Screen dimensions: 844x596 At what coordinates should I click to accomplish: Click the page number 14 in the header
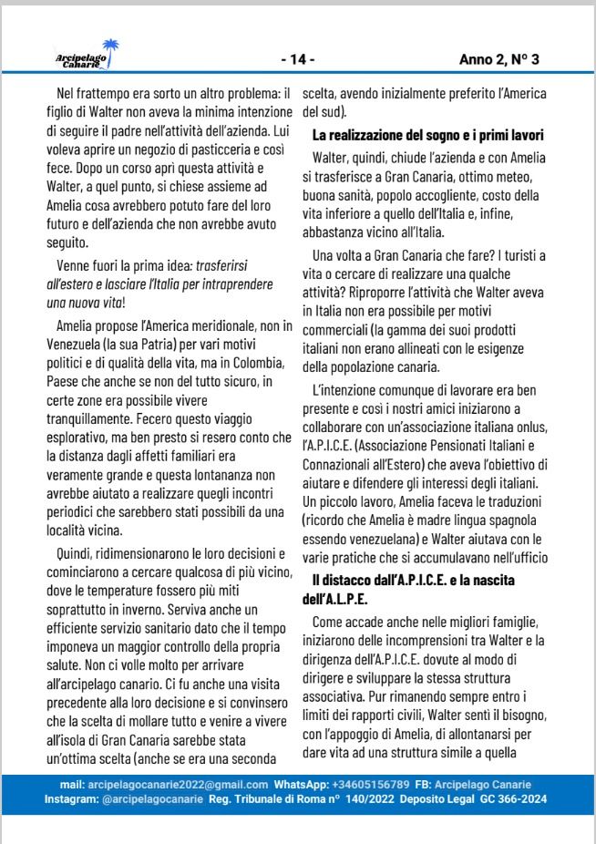point(297,60)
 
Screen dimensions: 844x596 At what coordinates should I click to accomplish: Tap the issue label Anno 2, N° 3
point(499,60)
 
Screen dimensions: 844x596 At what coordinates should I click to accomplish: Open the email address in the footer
point(177,784)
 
